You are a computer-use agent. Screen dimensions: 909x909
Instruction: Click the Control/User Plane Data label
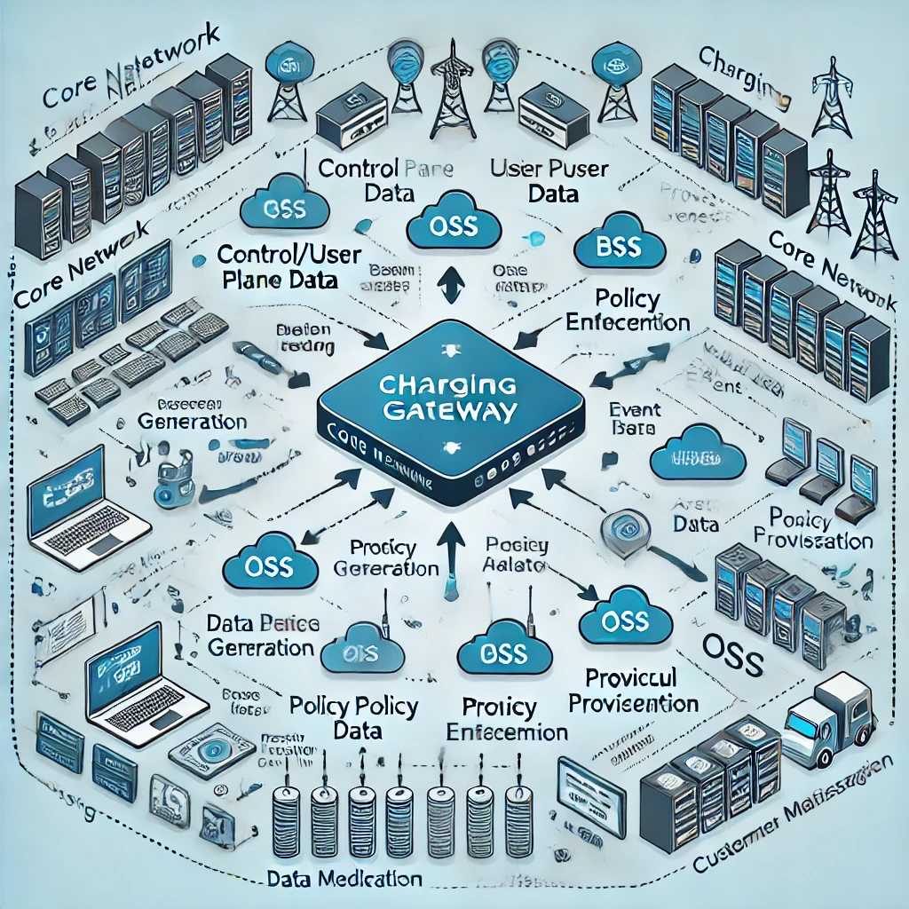(x=289, y=268)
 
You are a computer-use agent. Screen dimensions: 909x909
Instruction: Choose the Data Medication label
(x=344, y=879)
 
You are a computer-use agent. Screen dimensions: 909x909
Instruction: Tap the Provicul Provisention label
(x=633, y=690)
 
